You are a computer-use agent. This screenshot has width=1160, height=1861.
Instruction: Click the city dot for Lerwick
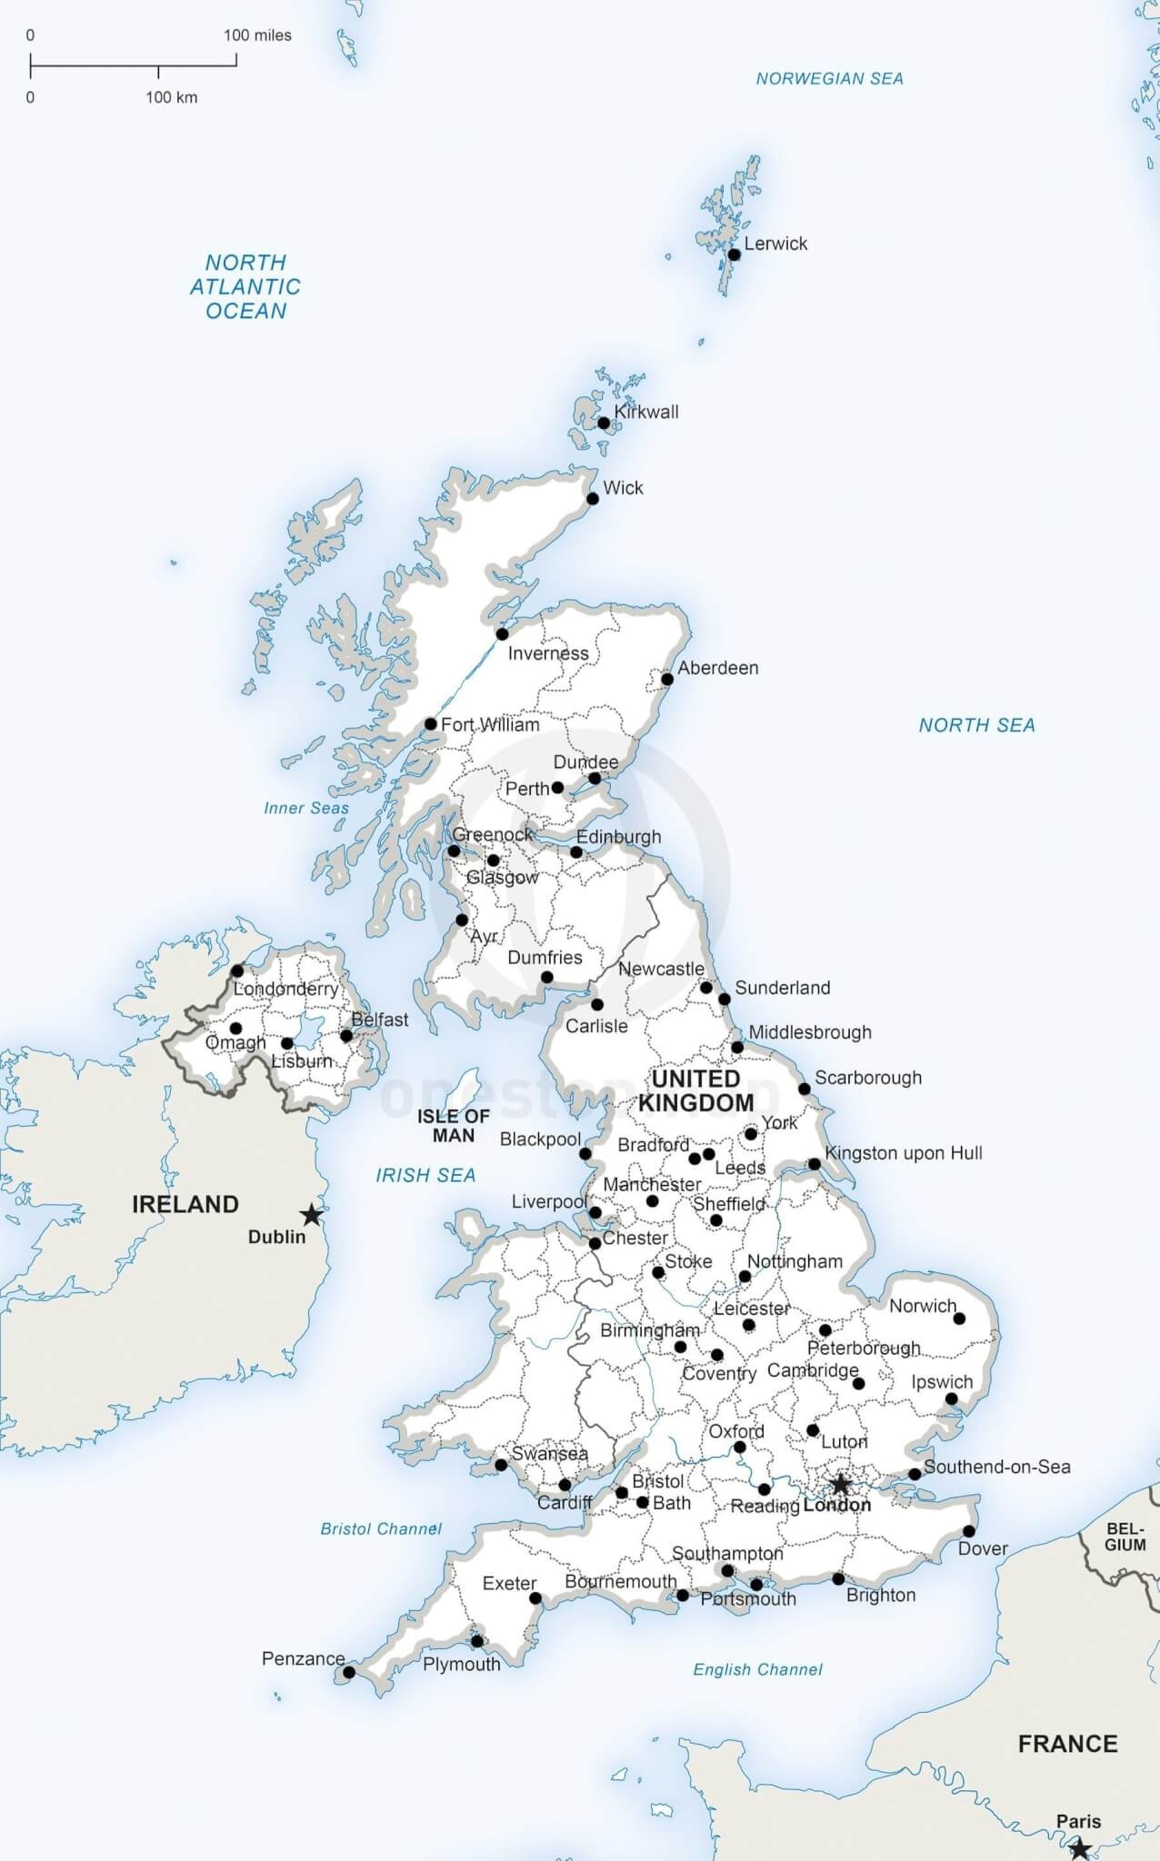click(x=735, y=254)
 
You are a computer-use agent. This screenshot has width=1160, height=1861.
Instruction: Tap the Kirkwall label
click(x=646, y=412)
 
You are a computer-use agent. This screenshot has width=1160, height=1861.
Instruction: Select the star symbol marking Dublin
click(x=312, y=1214)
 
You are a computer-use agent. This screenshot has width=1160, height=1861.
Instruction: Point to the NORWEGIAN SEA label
click(x=829, y=79)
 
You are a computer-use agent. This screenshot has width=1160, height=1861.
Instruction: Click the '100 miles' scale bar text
click(x=257, y=35)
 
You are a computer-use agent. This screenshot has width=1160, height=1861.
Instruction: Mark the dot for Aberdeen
click(x=667, y=679)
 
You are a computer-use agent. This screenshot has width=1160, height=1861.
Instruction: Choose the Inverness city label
click(x=548, y=653)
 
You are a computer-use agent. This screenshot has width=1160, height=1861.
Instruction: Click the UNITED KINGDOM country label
click(x=695, y=1090)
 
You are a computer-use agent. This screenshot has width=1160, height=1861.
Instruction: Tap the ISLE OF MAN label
click(x=453, y=1125)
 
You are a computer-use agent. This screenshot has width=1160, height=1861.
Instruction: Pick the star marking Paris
click(x=1079, y=1848)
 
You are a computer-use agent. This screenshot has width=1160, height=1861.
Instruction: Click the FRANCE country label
click(x=1067, y=1744)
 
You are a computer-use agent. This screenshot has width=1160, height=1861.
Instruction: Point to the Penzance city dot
click(x=349, y=1672)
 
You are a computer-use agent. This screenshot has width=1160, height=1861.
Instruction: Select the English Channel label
click(x=757, y=1669)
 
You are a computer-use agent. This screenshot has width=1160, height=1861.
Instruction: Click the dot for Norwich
click(x=959, y=1318)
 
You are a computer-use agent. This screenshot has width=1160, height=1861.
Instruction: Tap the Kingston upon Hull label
click(x=903, y=1153)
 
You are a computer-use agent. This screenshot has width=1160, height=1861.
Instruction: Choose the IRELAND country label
click(x=185, y=1204)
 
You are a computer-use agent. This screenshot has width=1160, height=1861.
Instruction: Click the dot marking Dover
click(x=969, y=1531)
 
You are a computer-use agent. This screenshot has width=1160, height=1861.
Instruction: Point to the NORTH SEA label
click(x=976, y=725)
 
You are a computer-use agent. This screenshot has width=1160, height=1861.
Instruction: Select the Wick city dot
click(x=593, y=498)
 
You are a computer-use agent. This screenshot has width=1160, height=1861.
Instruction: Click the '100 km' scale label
click(x=171, y=97)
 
